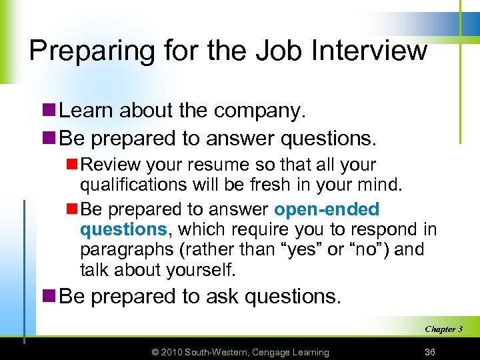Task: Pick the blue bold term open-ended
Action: click(x=327, y=209)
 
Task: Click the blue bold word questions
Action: click(x=123, y=230)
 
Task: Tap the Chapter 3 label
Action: click(x=443, y=329)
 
